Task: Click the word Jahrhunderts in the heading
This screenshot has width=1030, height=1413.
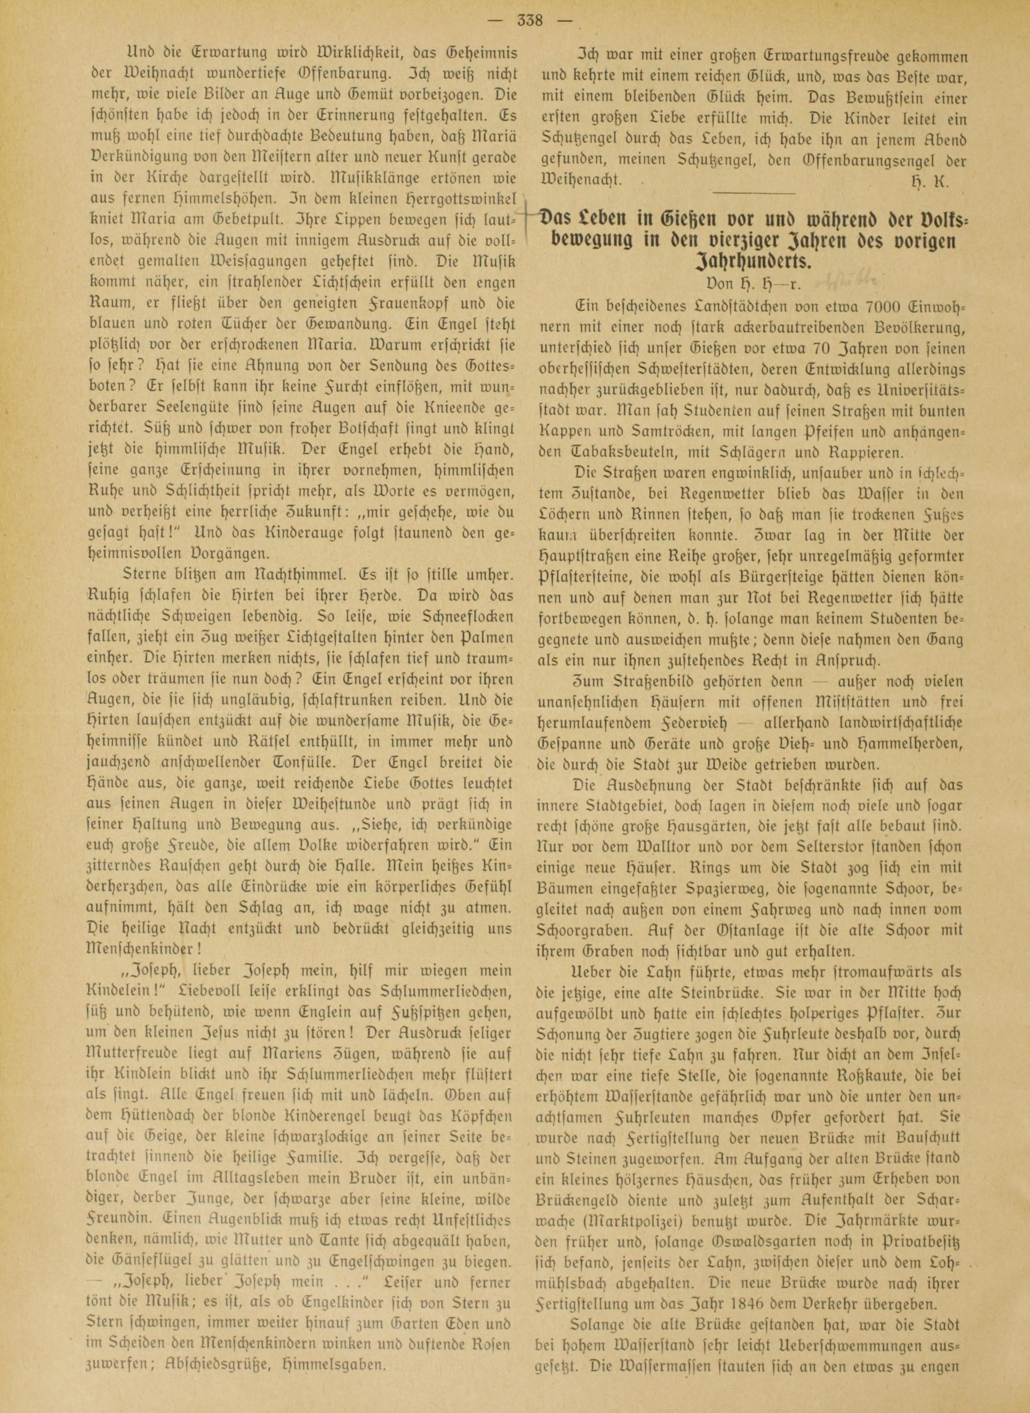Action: pyautogui.click(x=752, y=262)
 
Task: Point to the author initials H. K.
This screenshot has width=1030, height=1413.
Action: pyautogui.click(x=935, y=179)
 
